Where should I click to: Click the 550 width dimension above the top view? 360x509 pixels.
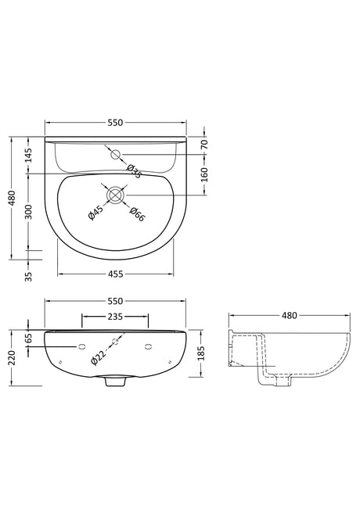pos(115,123)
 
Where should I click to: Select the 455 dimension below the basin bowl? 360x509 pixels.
pos(115,274)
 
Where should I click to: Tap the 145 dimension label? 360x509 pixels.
pos(29,155)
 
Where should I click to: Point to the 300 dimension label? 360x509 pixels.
pos(29,212)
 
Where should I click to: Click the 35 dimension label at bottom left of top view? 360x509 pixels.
pos(29,276)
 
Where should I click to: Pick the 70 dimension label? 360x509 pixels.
pos(204,144)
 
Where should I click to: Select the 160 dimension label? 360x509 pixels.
pos(204,174)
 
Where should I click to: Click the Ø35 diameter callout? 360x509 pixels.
pos(134,171)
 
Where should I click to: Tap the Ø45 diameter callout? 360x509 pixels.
pos(95,213)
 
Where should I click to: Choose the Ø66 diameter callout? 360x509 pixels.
pos(136,214)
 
